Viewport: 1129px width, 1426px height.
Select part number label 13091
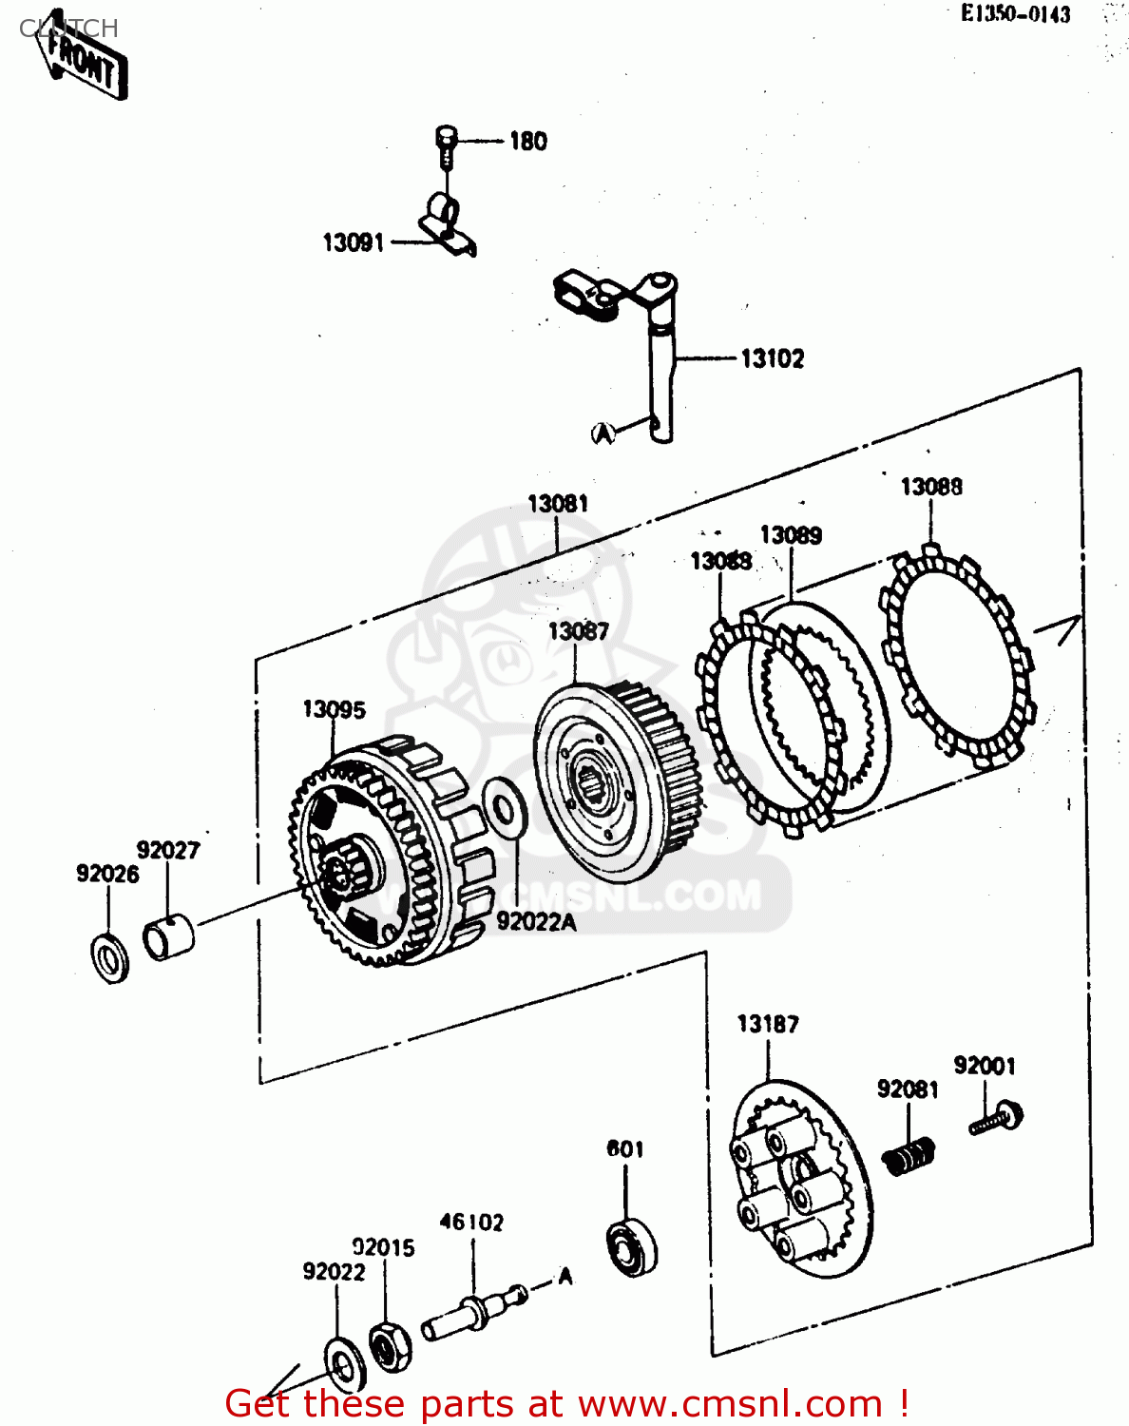tap(353, 243)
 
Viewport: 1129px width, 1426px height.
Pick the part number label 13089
tap(791, 535)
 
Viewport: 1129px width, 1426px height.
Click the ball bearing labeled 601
tap(631, 1245)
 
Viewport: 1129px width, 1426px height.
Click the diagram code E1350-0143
tap(1015, 14)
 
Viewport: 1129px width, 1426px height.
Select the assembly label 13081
tap(558, 504)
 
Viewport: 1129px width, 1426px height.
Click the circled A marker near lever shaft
tap(603, 433)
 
